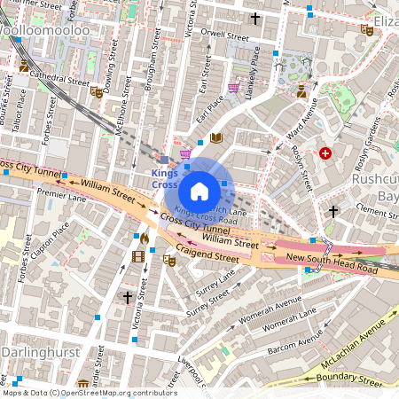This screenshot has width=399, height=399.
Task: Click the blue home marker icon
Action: tap(199, 190)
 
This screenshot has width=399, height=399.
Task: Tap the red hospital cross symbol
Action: tap(326, 153)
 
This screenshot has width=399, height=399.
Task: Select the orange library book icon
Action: tap(216, 138)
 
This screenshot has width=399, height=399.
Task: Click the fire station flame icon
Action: tap(145, 239)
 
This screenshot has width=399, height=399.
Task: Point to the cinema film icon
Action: tap(137, 256)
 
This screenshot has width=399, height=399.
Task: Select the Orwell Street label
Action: tap(225, 37)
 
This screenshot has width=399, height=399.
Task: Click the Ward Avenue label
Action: tap(301, 122)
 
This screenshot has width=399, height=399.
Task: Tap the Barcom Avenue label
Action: tap(297, 342)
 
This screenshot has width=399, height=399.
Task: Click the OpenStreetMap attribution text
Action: tap(89, 393)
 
